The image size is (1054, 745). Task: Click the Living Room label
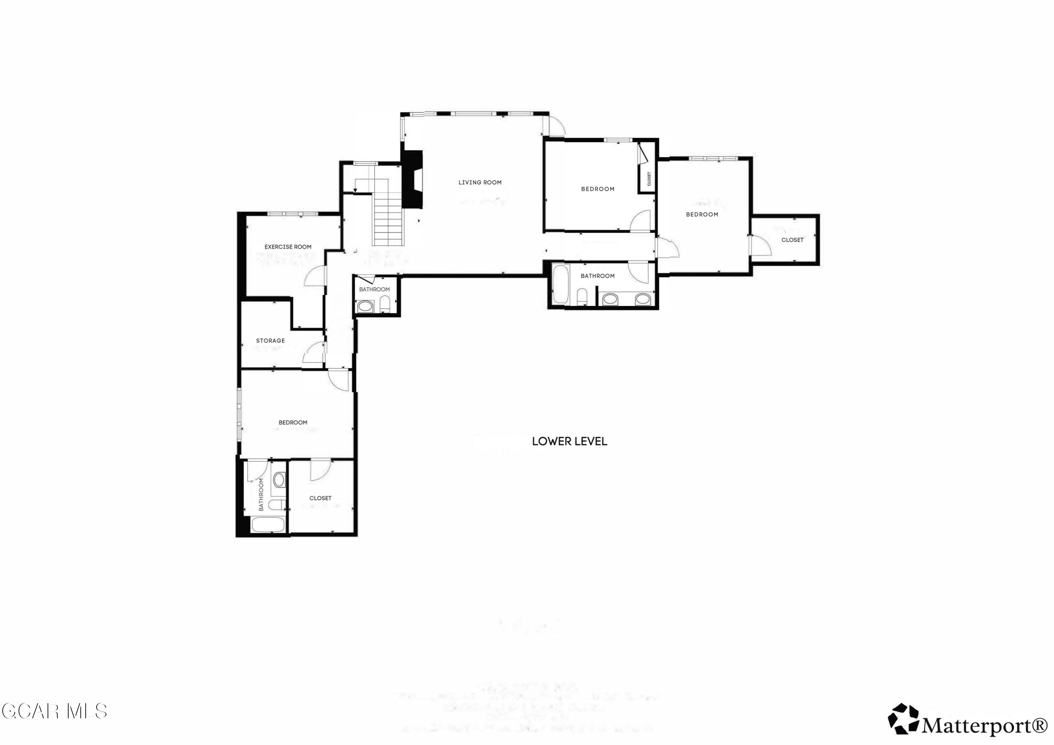[x=480, y=182]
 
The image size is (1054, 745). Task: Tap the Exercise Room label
[x=288, y=247]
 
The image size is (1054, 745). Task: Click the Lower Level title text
[x=569, y=441]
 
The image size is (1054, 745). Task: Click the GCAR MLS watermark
[x=54, y=711]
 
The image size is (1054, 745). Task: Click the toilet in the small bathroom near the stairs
[x=385, y=304]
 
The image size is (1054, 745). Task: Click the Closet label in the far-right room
[x=792, y=240]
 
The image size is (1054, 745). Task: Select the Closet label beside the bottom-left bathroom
[x=320, y=498]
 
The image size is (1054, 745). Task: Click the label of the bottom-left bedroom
[x=293, y=422]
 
